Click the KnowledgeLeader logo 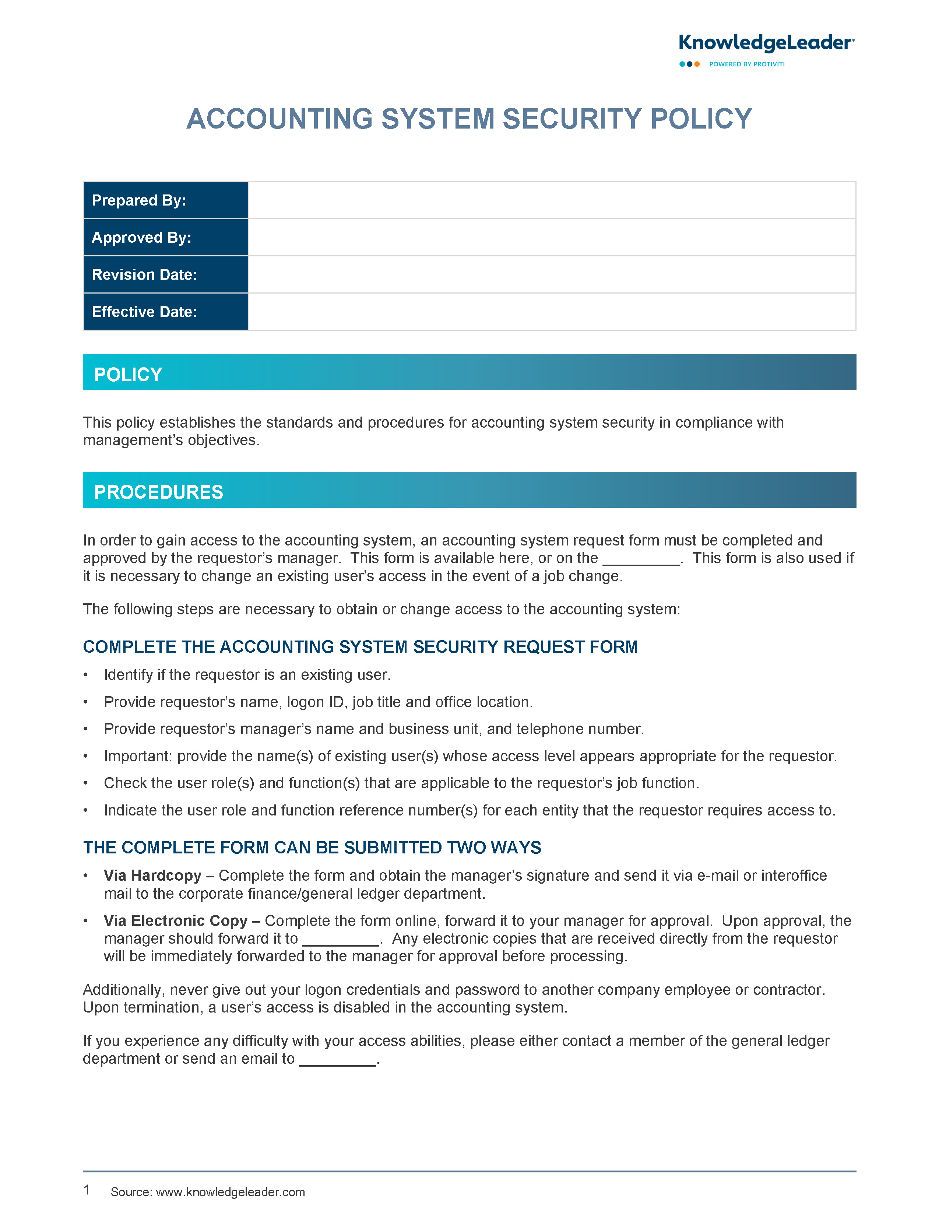pyautogui.click(x=766, y=43)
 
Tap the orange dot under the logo pyautogui.click(x=697, y=64)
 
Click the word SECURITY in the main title pyautogui.click(x=572, y=119)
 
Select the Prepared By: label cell pyautogui.click(x=165, y=200)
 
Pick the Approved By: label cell pyautogui.click(x=165, y=238)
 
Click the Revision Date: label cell pyautogui.click(x=165, y=274)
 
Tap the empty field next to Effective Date pyautogui.click(x=551, y=312)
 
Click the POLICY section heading pyautogui.click(x=129, y=375)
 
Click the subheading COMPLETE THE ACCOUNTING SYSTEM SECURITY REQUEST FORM pyautogui.click(x=360, y=647)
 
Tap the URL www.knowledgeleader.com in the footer pyautogui.click(x=230, y=1192)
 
